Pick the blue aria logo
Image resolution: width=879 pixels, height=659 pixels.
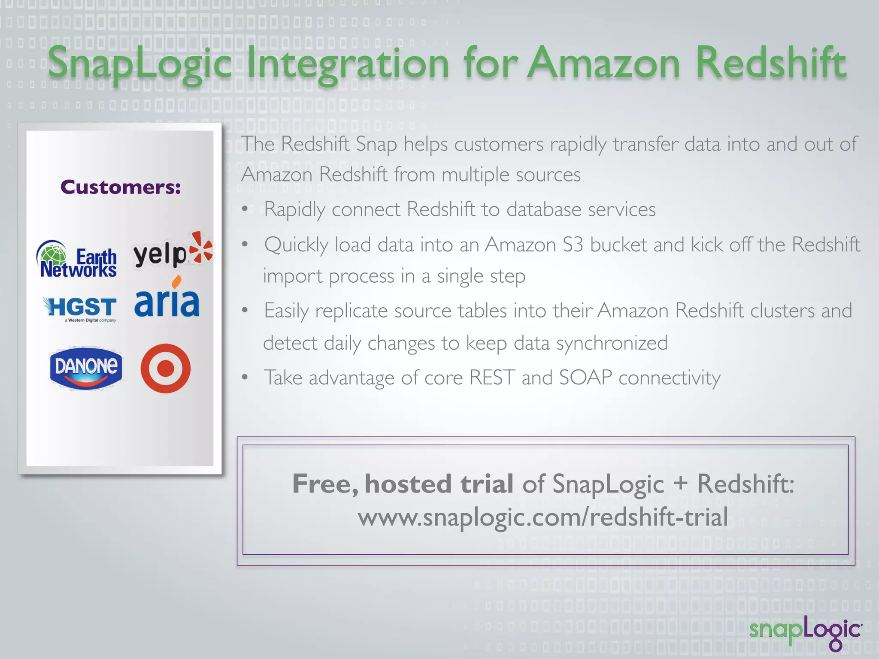[167, 300]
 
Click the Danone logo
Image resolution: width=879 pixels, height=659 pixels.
[86, 368]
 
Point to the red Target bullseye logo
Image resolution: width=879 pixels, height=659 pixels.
[165, 368]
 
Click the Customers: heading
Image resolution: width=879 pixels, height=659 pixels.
[121, 187]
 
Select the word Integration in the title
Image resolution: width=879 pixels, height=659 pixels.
[348, 64]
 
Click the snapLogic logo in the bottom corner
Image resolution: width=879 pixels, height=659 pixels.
[805, 631]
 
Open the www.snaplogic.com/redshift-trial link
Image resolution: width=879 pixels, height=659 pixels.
[543, 517]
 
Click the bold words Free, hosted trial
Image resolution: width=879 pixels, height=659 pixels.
[403, 484]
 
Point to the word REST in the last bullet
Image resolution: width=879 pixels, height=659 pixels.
[492, 378]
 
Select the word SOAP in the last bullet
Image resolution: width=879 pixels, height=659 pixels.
[585, 378]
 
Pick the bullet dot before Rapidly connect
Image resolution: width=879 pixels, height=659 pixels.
[245, 209]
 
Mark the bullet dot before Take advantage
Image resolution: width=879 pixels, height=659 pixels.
[245, 378]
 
